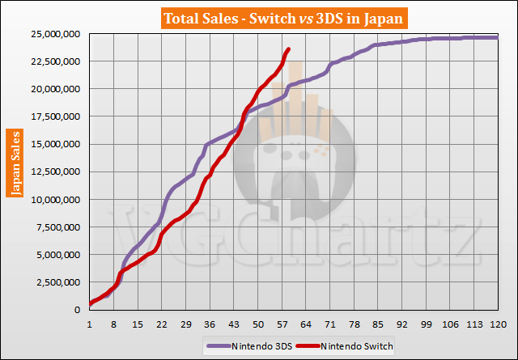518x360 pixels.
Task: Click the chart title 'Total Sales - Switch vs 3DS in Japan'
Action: (259, 17)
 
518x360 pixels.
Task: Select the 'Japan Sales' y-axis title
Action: (15, 162)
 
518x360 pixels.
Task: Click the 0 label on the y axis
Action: (79, 311)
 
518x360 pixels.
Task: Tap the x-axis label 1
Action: (89, 324)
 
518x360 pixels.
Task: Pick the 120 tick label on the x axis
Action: (497, 324)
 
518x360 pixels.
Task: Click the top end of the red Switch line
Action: (289, 49)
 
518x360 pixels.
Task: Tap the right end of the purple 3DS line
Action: (496, 37)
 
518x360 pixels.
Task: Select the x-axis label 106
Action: (449, 324)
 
